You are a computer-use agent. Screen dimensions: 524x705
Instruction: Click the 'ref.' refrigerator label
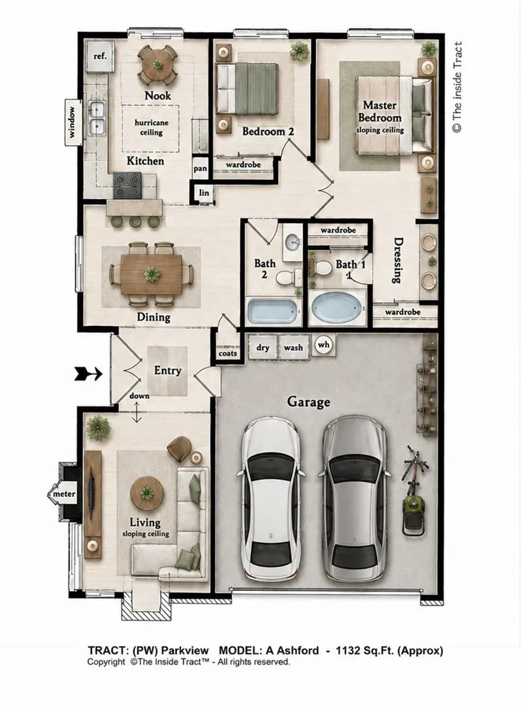(x=99, y=56)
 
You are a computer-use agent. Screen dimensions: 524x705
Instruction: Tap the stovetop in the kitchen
(x=127, y=186)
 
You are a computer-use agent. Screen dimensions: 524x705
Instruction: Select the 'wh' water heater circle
(x=324, y=345)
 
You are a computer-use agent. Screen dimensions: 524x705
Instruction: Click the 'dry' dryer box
(x=263, y=347)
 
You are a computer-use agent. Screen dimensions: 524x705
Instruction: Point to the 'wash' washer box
(x=294, y=347)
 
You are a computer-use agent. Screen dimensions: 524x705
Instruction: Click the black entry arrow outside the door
(x=88, y=373)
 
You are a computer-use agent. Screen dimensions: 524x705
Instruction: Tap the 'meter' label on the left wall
(x=64, y=494)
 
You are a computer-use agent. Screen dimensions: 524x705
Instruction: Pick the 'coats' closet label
(x=228, y=354)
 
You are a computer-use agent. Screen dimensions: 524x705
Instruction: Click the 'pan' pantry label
(x=200, y=169)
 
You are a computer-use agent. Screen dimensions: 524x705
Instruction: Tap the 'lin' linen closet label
(x=204, y=192)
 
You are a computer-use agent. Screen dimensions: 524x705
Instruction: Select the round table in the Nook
(x=158, y=65)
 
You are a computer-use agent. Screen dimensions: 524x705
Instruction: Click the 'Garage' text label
(x=309, y=402)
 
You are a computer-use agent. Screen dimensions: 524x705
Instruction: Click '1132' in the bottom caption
(x=348, y=651)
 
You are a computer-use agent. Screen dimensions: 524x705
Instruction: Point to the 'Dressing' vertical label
(x=397, y=260)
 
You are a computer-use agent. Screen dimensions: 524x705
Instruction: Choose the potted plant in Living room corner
(x=98, y=428)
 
